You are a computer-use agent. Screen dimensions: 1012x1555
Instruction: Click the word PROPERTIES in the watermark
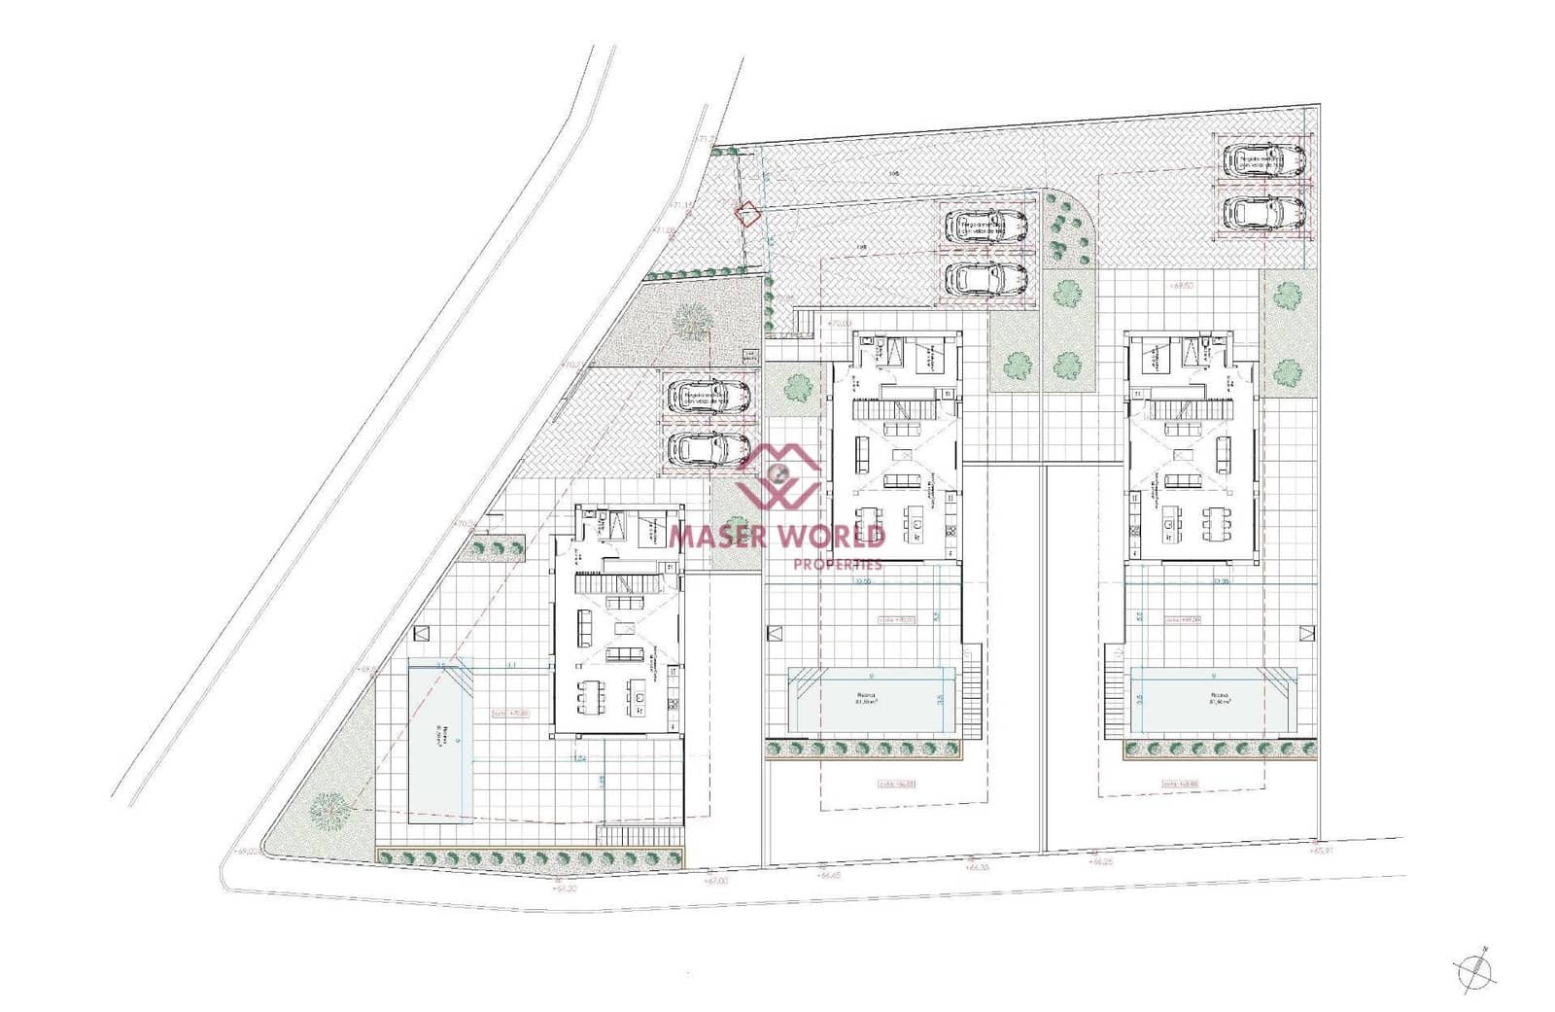838,564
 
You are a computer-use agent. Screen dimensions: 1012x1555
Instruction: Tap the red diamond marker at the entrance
746,214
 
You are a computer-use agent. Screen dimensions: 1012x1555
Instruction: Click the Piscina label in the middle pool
864,696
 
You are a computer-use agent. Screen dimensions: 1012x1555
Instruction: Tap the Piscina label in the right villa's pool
1219,696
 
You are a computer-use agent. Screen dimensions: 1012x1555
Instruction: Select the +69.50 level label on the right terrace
1182,287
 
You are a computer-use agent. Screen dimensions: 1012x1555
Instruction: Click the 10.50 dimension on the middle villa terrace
861,581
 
